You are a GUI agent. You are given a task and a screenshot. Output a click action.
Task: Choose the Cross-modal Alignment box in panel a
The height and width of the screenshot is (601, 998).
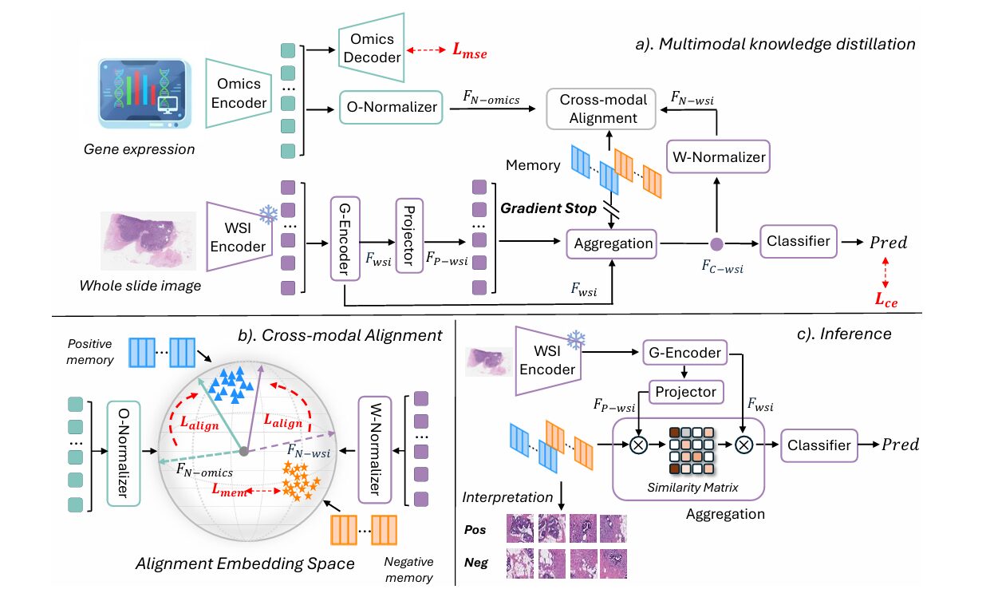pyautogui.click(x=598, y=108)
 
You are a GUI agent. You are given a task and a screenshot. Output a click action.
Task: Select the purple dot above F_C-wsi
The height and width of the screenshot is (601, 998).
pyautogui.click(x=716, y=243)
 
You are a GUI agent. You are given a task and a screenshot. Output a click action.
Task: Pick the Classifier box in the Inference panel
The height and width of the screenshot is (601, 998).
pyautogui.click(x=821, y=445)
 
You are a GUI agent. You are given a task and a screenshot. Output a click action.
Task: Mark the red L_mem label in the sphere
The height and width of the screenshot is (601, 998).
pyautogui.click(x=229, y=493)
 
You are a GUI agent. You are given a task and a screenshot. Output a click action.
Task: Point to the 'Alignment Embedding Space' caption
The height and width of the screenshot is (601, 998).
pyautogui.click(x=245, y=563)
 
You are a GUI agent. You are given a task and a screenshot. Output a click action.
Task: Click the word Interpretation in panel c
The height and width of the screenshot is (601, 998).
pyautogui.click(x=507, y=497)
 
